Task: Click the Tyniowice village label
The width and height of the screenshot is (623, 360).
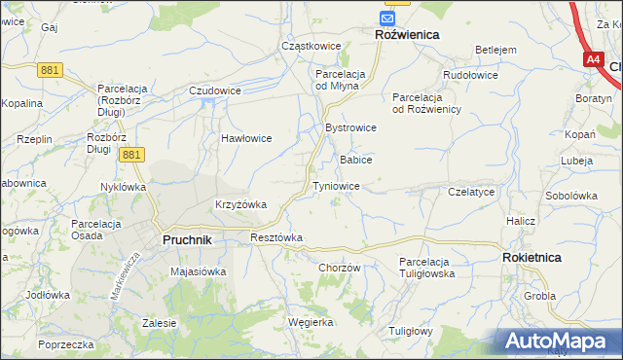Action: pyautogui.click(x=336, y=186)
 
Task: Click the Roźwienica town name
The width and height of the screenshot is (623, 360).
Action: pyautogui.click(x=407, y=34)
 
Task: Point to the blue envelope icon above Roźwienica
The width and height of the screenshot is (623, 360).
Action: pyautogui.click(x=388, y=18)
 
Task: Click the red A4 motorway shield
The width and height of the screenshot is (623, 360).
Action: pyautogui.click(x=594, y=59)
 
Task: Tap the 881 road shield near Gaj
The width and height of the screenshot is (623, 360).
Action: pyautogui.click(x=52, y=69)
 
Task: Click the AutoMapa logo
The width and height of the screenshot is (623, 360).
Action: pyautogui.click(x=557, y=341)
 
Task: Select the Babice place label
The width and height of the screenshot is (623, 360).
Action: pyautogui.click(x=355, y=160)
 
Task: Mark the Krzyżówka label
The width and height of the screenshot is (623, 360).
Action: pyautogui.click(x=240, y=204)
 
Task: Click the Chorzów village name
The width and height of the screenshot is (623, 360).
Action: pyautogui.click(x=340, y=268)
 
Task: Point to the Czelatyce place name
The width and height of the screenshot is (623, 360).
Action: pyautogui.click(x=472, y=193)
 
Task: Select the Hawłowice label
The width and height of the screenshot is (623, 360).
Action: pyautogui.click(x=245, y=138)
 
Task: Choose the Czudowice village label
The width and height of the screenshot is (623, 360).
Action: pyautogui.click(x=215, y=90)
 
